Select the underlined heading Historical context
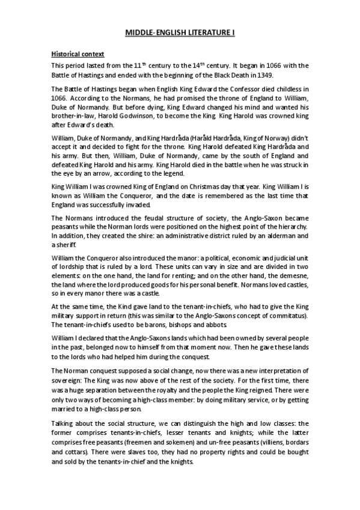click(78, 54)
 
